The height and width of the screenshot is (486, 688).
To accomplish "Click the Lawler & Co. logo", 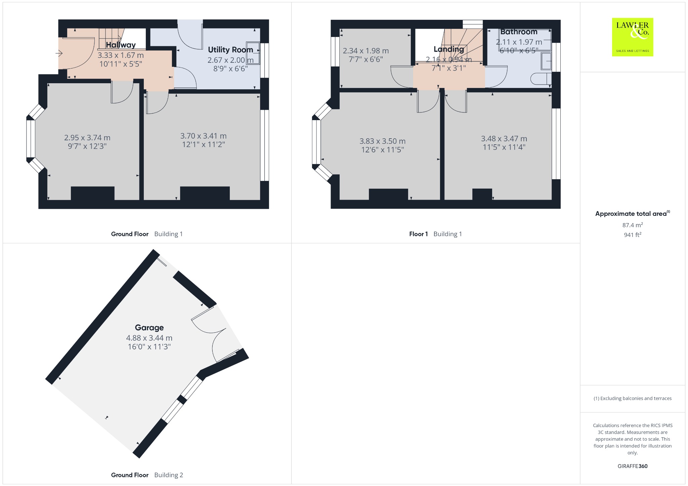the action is click(x=632, y=37).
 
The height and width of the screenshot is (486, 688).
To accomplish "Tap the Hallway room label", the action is click(x=121, y=45).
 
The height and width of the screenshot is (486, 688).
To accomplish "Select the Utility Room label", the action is click(x=230, y=50).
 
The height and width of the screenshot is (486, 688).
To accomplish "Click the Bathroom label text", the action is click(x=519, y=32).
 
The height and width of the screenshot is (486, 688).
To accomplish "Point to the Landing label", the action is click(x=449, y=49).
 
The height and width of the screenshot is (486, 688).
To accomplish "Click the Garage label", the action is click(x=149, y=328).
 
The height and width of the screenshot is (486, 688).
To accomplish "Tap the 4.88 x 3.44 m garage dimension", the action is click(x=149, y=338).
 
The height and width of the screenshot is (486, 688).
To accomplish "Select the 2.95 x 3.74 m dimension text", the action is click(x=87, y=138).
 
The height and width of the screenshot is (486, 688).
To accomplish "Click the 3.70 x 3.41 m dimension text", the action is click(x=204, y=136).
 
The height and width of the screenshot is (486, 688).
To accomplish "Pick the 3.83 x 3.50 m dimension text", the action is click(x=383, y=141).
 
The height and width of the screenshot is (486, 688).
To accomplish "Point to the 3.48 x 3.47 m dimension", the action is click(x=504, y=139).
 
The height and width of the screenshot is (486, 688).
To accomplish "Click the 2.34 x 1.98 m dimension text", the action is click(x=366, y=51).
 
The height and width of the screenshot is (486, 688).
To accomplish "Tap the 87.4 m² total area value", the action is click(x=633, y=225).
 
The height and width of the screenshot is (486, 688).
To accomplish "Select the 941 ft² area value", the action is click(x=633, y=235).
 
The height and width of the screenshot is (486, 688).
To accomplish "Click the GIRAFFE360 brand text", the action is click(x=633, y=466).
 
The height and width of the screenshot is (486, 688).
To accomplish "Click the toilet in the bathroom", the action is click(x=541, y=79).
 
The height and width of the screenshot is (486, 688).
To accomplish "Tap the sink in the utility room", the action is click(x=253, y=53).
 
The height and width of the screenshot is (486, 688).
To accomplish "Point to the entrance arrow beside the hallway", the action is click(x=59, y=53).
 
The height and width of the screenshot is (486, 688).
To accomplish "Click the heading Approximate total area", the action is click(x=633, y=214).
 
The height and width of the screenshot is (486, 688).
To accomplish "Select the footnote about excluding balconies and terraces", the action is click(x=633, y=398).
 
